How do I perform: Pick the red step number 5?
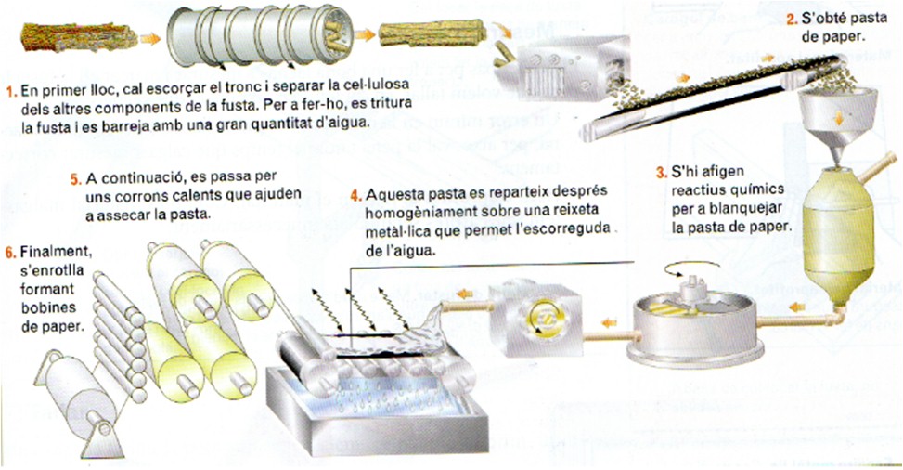(x=76, y=178)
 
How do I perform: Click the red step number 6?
(x=9, y=253)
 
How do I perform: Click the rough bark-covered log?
(x=80, y=37)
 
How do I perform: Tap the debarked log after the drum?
(x=432, y=33)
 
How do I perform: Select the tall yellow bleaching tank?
(x=838, y=230)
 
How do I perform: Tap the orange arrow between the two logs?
(x=365, y=34)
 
